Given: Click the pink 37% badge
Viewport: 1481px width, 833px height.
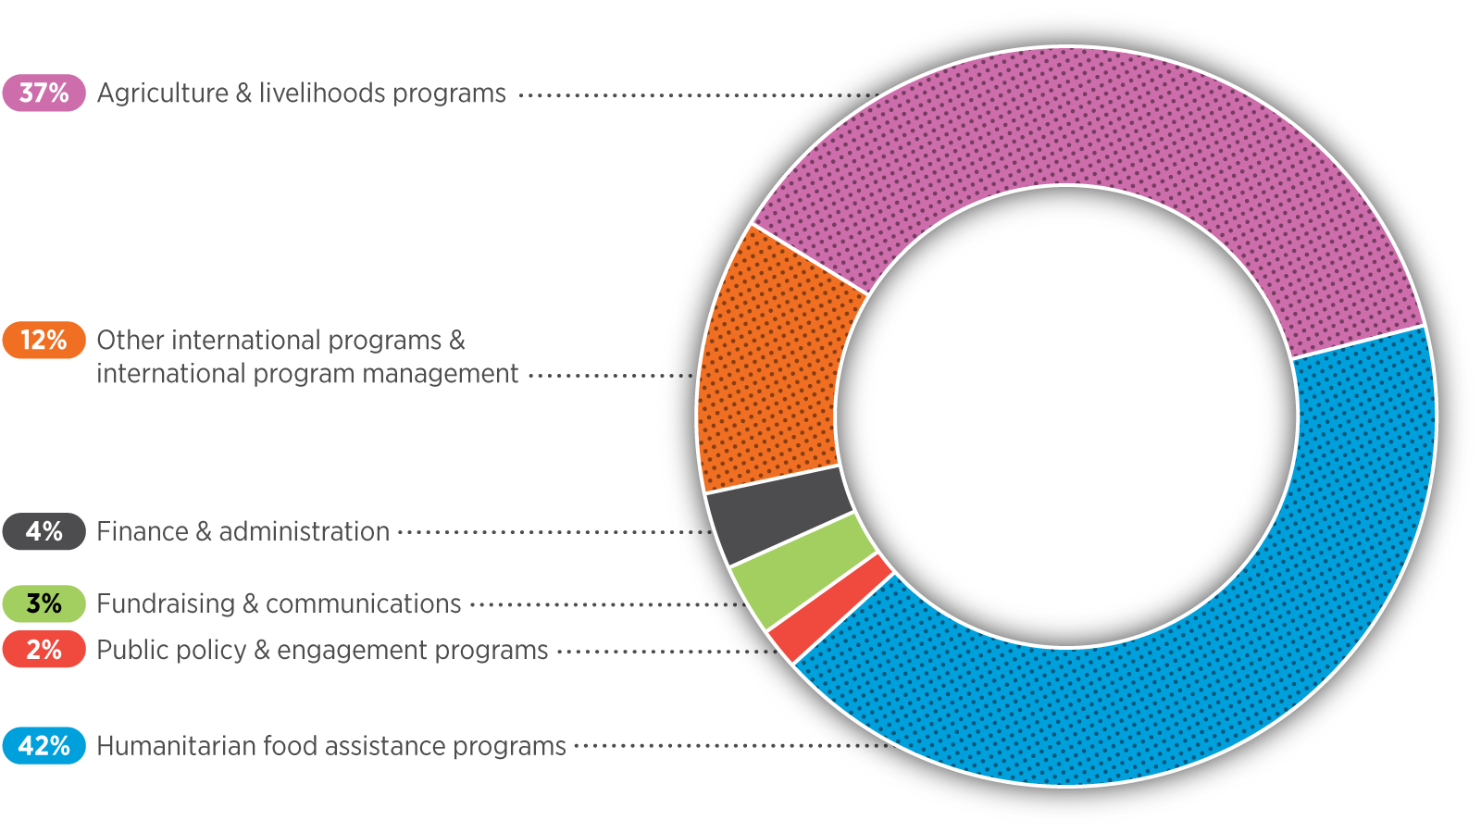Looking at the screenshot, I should click(44, 93).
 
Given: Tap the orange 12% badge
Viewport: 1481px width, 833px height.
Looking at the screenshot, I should click(44, 341).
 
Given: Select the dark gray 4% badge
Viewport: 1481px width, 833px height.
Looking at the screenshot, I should click(44, 532).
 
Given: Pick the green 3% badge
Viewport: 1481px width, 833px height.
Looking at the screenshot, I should click(44, 604).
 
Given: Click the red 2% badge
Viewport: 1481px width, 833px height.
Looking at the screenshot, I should click(44, 650).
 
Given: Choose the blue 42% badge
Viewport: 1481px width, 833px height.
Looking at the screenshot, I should click(44, 746).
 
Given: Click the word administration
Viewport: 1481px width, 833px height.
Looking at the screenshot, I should click(304, 532).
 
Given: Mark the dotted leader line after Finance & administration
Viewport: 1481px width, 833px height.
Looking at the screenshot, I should click(555, 532).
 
